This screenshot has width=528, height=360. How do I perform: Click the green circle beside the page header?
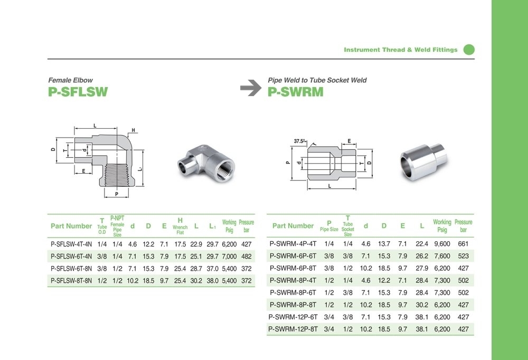[469, 50]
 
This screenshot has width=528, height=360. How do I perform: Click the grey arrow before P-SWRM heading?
[251, 88]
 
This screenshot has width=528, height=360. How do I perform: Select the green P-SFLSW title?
[78, 92]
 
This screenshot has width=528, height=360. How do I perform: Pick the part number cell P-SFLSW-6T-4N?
[71, 256]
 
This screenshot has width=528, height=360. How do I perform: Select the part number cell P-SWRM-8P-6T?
[293, 292]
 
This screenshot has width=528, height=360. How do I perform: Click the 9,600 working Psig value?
[441, 244]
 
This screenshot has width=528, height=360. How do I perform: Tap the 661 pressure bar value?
[463, 244]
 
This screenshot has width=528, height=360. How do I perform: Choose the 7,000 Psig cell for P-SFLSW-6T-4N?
[229, 256]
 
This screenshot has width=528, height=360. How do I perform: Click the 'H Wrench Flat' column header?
[180, 225]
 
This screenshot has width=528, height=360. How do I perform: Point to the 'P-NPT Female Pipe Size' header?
[117, 225]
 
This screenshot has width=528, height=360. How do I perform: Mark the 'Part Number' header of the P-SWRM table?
[293, 226]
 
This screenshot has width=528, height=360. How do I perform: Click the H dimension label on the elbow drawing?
[134, 130]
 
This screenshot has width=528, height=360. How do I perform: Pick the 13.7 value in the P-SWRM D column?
[384, 244]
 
